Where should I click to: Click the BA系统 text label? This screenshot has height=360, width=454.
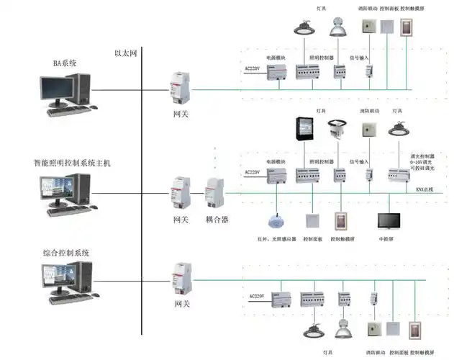(x=65, y=63)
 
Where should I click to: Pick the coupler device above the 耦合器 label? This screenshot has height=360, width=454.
(x=215, y=193)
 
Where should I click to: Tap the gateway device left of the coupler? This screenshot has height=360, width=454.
(x=178, y=192)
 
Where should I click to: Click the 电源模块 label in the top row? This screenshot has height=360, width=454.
(x=276, y=57)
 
